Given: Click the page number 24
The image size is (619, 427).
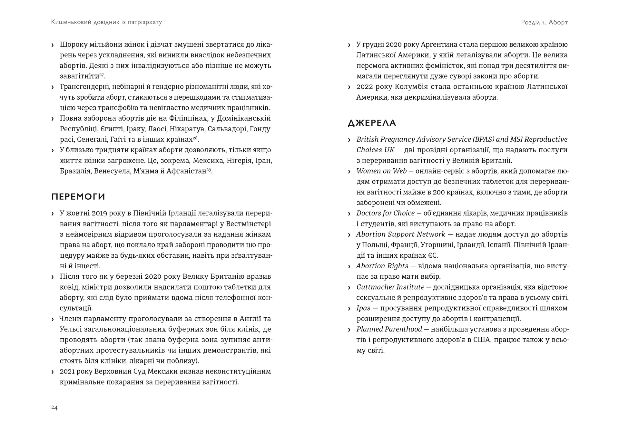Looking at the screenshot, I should (54, 408).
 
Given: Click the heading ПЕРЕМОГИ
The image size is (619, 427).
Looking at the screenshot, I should (78, 197).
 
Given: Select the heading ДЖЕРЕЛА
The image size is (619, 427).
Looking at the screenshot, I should (372, 123).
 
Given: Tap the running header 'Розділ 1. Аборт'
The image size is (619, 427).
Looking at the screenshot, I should (544, 22).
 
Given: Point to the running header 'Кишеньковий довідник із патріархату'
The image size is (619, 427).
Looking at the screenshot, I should (106, 22).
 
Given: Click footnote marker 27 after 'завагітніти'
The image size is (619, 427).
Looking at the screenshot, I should (102, 75).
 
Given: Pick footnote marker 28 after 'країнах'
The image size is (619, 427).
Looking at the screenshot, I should (195, 138).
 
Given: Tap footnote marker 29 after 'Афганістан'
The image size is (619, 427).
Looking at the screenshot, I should (209, 170).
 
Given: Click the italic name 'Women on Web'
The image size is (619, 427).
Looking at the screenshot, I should (381, 171).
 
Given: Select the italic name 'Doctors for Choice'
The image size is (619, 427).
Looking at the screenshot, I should (385, 213).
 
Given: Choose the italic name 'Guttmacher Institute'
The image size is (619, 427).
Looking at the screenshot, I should (390, 287).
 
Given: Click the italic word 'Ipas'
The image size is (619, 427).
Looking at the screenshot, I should (363, 308).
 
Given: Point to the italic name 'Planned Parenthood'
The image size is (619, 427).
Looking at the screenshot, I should (389, 329).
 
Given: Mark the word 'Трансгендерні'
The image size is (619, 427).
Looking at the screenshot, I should (82, 87).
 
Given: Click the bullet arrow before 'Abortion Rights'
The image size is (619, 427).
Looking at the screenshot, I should (349, 266).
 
